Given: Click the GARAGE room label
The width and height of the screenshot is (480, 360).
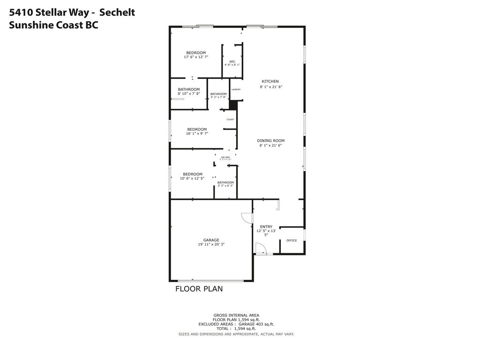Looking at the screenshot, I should [211, 240].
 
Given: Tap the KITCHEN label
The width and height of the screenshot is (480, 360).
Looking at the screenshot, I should [270, 82].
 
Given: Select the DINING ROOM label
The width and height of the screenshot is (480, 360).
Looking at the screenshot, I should [271, 141].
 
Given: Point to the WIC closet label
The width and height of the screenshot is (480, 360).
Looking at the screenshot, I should [232, 61].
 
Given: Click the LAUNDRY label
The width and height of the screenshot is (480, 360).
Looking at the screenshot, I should [236, 90].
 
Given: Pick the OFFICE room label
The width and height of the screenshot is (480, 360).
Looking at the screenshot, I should [292, 240].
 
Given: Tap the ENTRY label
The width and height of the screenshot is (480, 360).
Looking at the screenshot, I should [266, 227].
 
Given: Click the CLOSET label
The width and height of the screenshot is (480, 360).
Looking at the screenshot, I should [230, 120].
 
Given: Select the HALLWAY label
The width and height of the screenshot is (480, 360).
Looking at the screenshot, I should [225, 157].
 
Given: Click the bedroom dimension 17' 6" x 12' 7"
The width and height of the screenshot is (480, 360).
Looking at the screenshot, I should [196, 57].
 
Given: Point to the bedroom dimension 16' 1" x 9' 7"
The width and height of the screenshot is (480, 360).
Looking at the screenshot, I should [197, 134].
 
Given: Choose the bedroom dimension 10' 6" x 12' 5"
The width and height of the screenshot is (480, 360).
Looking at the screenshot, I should [193, 178].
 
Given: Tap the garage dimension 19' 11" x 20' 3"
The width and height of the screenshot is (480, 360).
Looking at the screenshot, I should [211, 244].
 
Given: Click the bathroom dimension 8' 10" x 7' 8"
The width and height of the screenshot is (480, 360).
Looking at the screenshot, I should [189, 94].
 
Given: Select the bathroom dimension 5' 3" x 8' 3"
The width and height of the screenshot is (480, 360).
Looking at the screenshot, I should [225, 186].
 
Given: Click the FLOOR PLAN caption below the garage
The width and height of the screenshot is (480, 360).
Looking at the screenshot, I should [199, 289].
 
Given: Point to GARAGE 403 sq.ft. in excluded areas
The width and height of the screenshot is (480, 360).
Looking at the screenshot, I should [256, 324].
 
